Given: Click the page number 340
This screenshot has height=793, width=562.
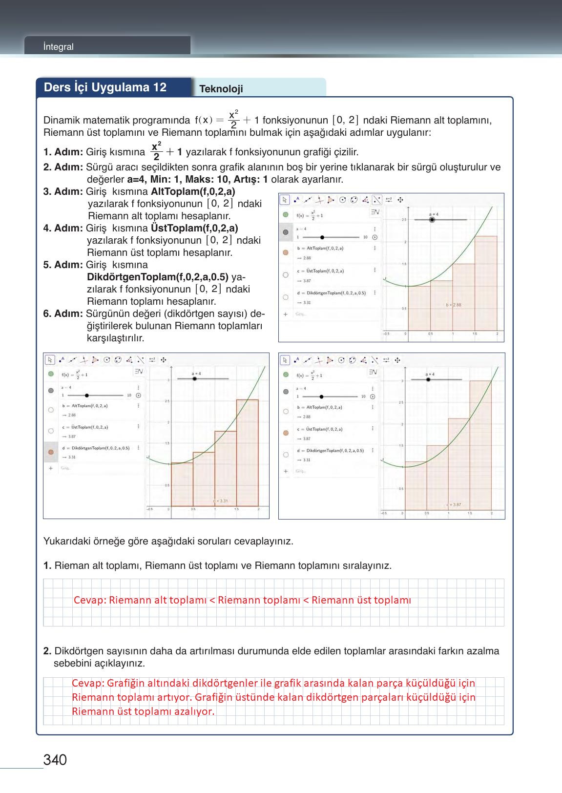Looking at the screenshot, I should coord(55,760).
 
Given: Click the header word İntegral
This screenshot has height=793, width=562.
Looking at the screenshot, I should coord(58,47).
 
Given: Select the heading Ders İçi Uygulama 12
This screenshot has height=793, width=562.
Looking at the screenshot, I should coord(105,87).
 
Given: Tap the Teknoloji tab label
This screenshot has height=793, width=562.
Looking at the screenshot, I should coord(221,89).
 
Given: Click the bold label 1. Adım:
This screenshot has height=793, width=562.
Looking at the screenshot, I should coord(63,152).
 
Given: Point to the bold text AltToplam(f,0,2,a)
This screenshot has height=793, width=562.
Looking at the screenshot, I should coord(193,191).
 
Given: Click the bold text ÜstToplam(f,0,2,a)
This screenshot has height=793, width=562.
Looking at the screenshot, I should coord(194,228).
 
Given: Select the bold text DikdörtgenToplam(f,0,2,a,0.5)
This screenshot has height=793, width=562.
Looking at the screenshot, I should coord(158,277).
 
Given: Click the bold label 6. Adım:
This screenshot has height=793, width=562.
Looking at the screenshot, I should coord(63,313).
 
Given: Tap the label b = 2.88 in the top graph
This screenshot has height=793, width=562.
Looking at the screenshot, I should coord(453,305).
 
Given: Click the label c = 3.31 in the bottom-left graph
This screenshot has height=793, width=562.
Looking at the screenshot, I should coord(220,501).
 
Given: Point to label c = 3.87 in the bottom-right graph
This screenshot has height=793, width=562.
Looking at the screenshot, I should coord(454,504).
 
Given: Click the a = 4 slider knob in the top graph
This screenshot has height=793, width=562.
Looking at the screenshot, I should coord(432,220).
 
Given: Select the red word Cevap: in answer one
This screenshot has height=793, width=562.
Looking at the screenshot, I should coord(90,600).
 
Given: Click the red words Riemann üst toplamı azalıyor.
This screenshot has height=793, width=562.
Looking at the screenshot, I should coord(143,711).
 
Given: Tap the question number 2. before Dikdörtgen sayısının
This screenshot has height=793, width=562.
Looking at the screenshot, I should coord(47,651).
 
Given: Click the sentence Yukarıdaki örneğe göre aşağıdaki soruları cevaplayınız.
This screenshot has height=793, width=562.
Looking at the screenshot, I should coord(168,542).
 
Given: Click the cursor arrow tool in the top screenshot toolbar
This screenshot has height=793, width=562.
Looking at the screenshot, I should coord(285,200).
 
